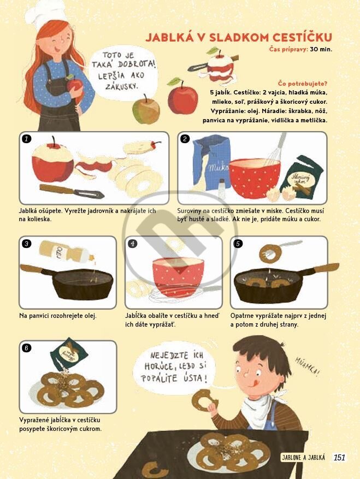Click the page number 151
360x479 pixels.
pyautogui.click(x=339, y=457)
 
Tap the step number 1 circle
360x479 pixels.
pyautogui.click(x=27, y=139)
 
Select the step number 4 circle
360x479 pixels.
pyautogui.click(x=133, y=244)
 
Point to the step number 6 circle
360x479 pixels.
pyautogui.click(x=27, y=348)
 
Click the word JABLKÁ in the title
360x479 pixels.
pyautogui.click(x=169, y=37)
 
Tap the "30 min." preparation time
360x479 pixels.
pyautogui.click(x=321, y=49)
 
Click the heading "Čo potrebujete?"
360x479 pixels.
pyautogui.click(x=303, y=84)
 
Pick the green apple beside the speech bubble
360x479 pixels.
pyautogui.click(x=146, y=109)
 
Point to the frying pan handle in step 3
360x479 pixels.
pyautogui.click(x=32, y=269)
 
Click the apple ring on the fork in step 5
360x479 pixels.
pyautogui.click(x=270, y=253)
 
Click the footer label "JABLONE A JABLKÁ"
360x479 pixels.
pyautogui.click(x=303, y=457)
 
